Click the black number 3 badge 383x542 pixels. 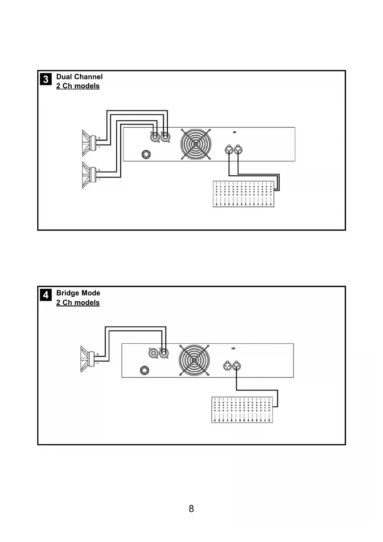tap(46, 79)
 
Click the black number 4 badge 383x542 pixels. tap(46, 295)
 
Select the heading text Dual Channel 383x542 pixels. tap(79, 77)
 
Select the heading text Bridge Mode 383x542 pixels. tap(78, 293)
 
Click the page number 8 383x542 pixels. tap(191, 508)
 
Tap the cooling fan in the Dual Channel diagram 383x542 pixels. tap(196, 144)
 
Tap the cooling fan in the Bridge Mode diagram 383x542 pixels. tap(194, 360)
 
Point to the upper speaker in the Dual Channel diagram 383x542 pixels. tap(90, 143)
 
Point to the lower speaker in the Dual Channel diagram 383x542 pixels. tap(90, 175)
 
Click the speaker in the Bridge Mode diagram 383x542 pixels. tap(88, 359)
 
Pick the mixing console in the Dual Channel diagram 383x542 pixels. tap(244, 194)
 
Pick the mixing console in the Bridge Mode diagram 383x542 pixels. tap(242, 410)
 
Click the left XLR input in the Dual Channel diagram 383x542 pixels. tap(229, 150)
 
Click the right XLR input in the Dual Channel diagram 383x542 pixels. tap(238, 150)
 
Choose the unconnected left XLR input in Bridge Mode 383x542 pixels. tap(227, 366)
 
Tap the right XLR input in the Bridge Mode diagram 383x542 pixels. tap(236, 366)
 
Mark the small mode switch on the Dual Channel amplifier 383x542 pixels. tap(235, 132)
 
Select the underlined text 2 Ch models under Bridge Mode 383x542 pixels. tap(78, 303)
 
